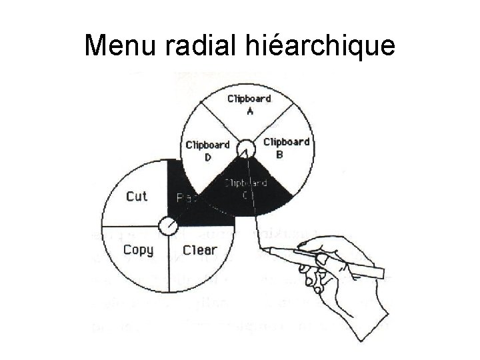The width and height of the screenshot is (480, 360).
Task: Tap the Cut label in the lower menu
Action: tap(137, 196)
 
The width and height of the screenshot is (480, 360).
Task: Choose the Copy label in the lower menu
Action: tap(138, 250)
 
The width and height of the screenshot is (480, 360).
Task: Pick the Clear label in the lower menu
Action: tap(200, 250)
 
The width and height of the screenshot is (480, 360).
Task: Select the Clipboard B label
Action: tap(286, 147)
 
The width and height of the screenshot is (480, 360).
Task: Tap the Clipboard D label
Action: tap(207, 150)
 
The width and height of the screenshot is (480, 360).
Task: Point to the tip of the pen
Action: tap(265, 249)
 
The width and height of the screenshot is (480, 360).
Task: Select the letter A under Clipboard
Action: tap(250, 111)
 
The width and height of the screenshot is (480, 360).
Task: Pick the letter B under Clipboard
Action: tap(279, 154)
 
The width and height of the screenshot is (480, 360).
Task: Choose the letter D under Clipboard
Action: tap(208, 157)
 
